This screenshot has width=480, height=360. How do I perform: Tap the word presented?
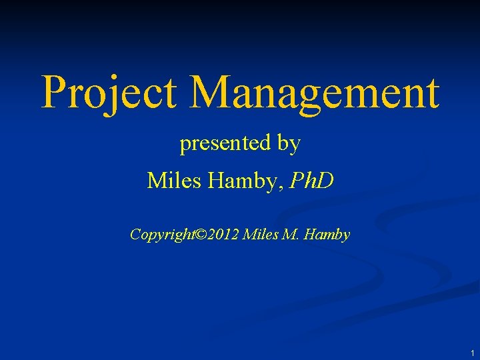click(x=222, y=143)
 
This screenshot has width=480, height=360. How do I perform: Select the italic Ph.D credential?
click(x=309, y=180)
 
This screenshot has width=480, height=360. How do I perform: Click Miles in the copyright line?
click(x=260, y=235)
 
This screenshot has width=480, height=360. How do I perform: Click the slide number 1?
click(x=471, y=353)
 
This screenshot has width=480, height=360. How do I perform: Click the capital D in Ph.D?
click(x=325, y=180)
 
